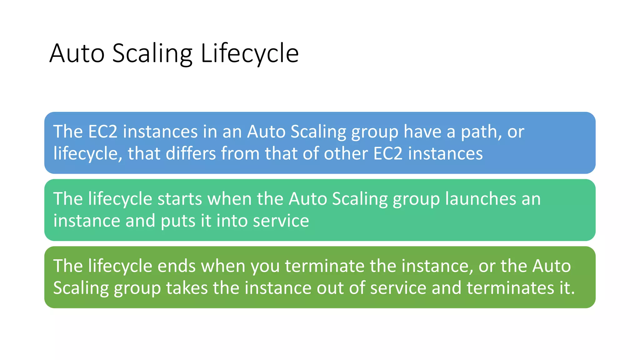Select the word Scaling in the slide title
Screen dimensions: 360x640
152,54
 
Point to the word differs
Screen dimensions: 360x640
191,154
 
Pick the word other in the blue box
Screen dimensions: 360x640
346,154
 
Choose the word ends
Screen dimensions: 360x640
176,266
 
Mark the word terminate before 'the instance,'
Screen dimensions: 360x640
324,266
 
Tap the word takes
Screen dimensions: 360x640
187,288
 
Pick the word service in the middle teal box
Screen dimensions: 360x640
281,221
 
